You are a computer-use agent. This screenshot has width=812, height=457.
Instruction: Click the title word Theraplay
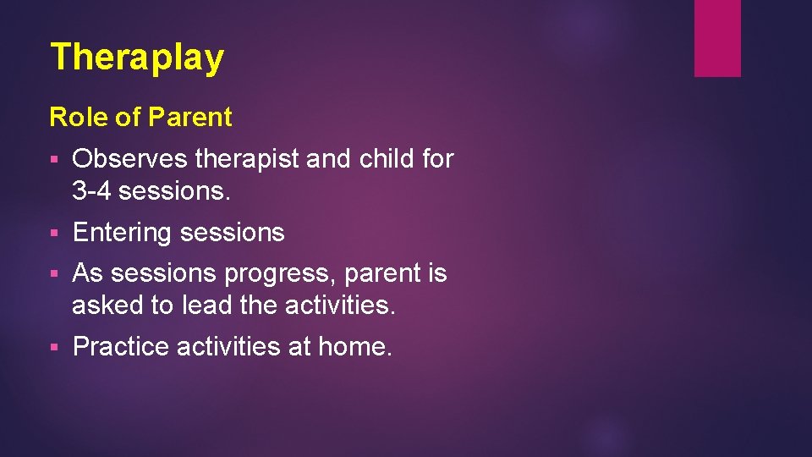(x=137, y=58)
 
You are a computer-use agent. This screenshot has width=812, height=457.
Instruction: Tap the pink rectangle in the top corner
(x=717, y=38)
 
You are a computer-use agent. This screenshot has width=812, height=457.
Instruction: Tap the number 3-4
(x=91, y=191)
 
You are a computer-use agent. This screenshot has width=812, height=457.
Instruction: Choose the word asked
(x=107, y=306)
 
